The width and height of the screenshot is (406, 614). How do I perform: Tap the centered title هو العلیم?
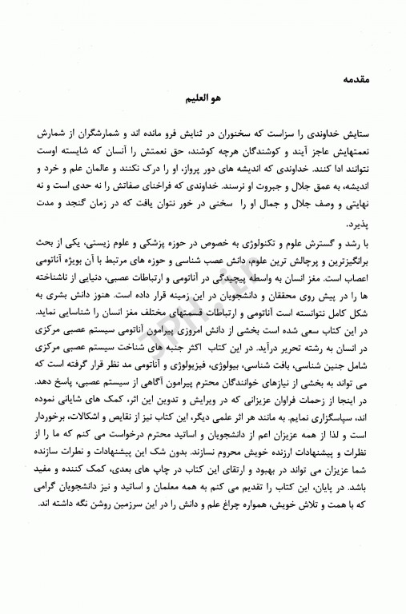pyautogui.click(x=203, y=105)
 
